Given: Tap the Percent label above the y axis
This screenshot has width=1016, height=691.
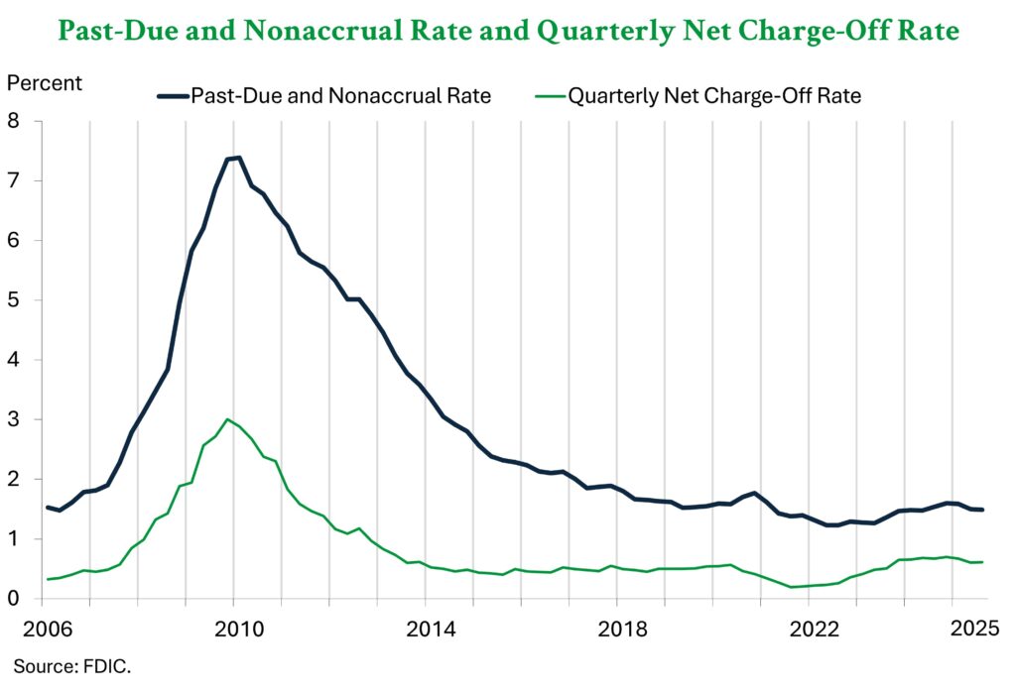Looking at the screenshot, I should [46, 82].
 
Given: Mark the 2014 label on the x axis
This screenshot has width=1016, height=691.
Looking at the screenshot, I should [425, 629].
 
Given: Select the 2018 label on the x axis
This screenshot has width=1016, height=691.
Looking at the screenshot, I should [616, 629].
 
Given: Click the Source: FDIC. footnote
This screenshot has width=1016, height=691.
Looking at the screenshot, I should [72, 666].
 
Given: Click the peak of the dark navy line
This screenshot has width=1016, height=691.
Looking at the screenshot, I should [239, 157].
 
